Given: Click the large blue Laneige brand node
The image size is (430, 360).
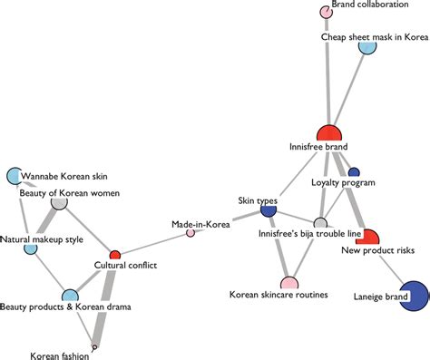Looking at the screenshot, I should click(x=412, y=297).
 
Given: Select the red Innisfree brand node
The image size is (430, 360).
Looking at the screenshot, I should click(x=332, y=133).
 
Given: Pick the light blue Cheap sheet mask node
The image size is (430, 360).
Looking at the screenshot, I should click(x=367, y=46).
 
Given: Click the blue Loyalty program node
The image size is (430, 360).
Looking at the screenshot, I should click(x=354, y=172).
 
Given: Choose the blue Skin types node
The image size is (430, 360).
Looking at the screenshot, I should click(x=269, y=210).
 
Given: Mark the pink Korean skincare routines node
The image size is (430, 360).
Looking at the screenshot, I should click(x=288, y=260).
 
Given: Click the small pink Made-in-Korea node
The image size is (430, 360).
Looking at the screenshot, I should click(x=191, y=233).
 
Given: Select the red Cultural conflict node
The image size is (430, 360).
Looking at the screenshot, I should click(x=115, y=255).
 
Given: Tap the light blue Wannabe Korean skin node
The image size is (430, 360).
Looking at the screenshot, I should click(x=15, y=176).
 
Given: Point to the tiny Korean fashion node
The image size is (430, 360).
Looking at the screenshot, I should click(x=94, y=346).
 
